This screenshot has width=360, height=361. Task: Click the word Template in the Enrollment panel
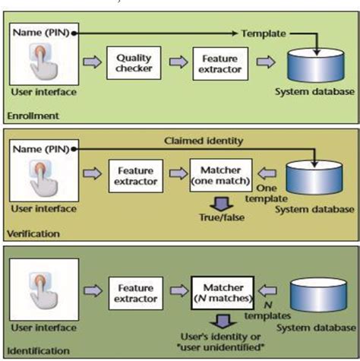(262, 33)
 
